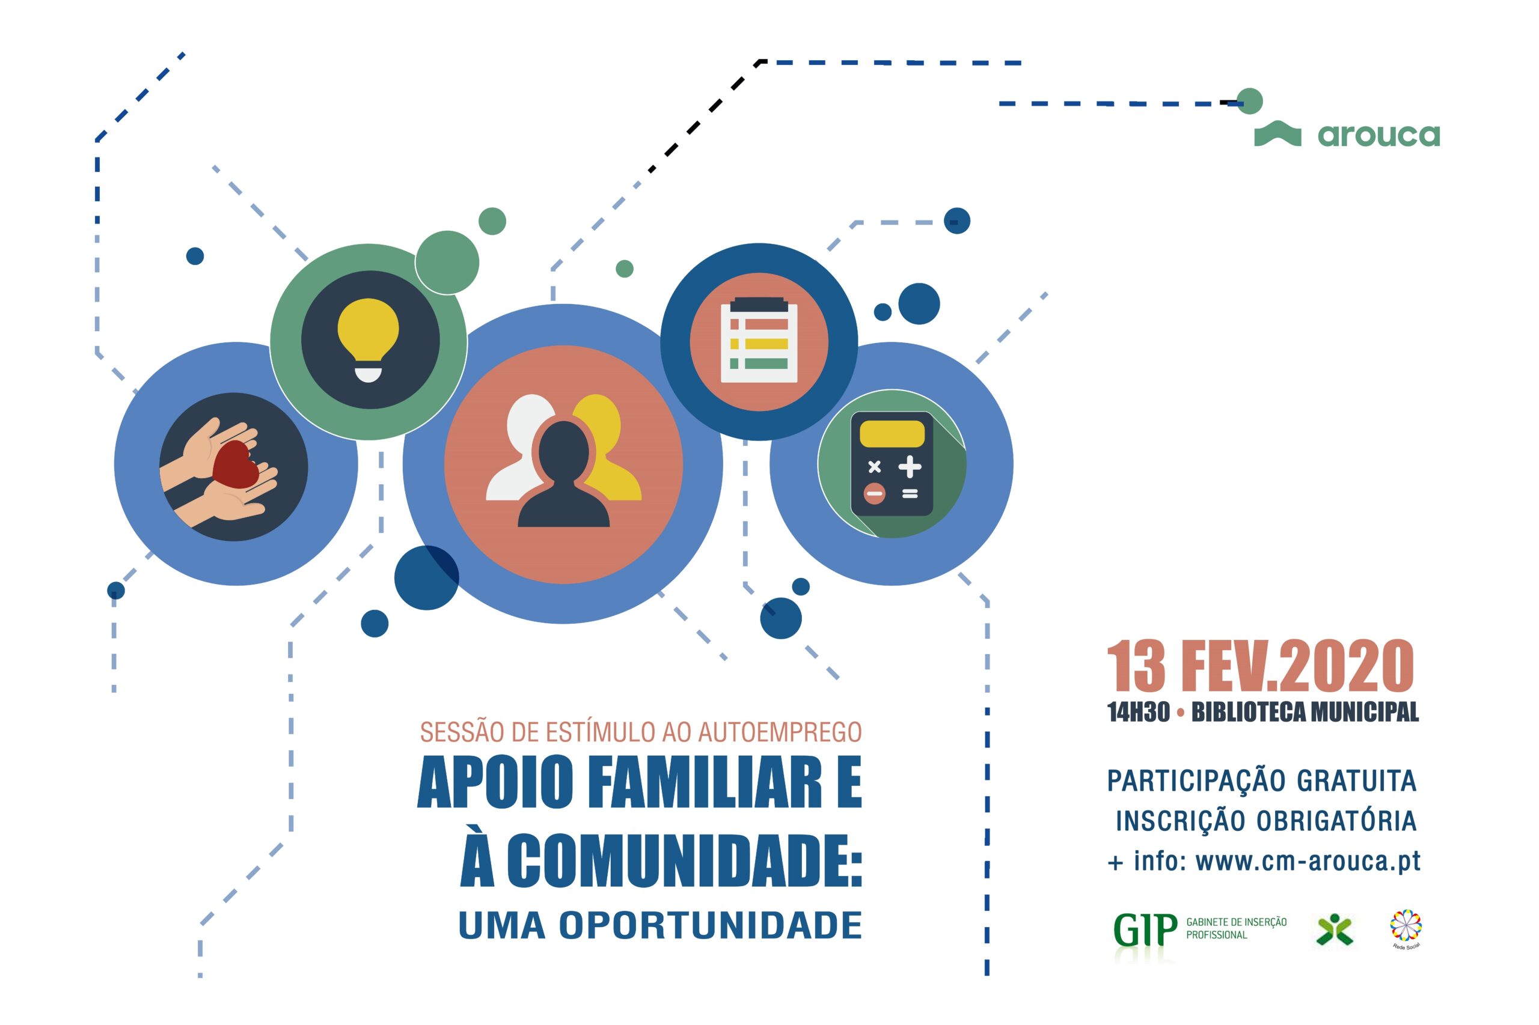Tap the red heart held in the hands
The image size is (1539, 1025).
click(x=236, y=465)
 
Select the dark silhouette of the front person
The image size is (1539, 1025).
click(x=563, y=474)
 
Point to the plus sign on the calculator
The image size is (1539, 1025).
click(x=909, y=467)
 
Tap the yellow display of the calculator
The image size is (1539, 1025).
click(x=892, y=434)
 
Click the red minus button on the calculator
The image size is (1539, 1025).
click(x=875, y=493)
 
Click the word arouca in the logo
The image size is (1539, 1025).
click(x=1378, y=135)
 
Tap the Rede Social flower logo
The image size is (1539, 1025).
click(x=1406, y=928)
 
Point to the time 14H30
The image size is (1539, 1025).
click(x=1138, y=712)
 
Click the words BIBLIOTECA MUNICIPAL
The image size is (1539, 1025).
click(x=1305, y=712)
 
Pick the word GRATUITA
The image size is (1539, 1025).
click(x=1356, y=780)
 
